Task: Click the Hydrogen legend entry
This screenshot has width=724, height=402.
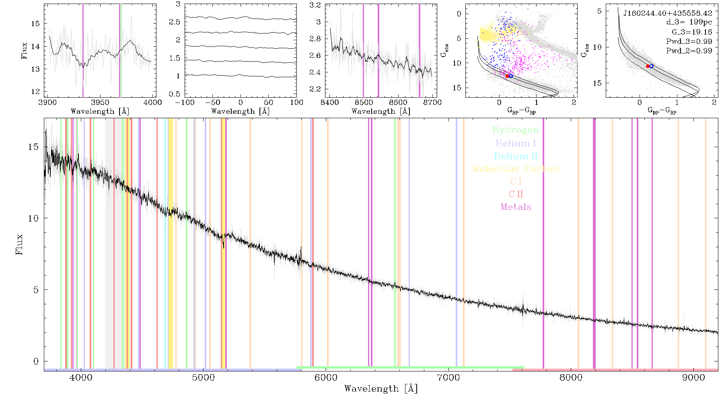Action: tap(515, 130)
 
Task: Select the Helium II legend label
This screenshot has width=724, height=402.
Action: tap(516, 156)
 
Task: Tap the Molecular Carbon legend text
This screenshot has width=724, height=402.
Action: tap(516, 169)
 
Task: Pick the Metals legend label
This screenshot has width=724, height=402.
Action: tap(516, 207)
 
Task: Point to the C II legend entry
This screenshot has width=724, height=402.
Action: tap(516, 194)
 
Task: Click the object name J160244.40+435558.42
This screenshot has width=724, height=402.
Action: tap(668, 13)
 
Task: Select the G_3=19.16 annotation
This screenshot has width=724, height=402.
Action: tap(692, 32)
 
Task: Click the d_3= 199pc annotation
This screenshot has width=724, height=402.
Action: tap(689, 23)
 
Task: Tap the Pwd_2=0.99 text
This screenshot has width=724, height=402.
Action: tap(689, 51)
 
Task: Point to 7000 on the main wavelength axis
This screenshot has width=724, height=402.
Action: tap(448, 377)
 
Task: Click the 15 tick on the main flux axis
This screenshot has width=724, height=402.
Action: tap(33, 147)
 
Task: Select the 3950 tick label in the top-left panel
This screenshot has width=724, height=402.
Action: tap(100, 102)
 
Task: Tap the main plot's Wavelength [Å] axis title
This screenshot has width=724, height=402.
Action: tap(381, 389)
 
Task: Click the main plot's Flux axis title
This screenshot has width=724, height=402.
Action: tap(19, 244)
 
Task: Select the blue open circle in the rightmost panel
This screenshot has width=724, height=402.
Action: tap(651, 66)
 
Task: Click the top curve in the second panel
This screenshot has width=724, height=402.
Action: tap(241, 18)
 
